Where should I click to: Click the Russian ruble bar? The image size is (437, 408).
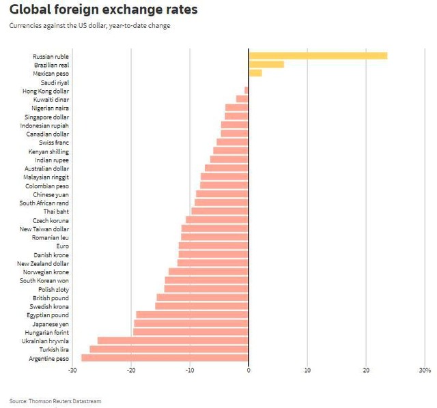click(x=318, y=56)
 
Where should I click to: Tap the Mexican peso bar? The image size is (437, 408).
click(x=255, y=73)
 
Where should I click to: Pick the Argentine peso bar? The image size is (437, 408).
click(x=165, y=358)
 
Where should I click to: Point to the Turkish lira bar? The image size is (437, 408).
click(x=169, y=349)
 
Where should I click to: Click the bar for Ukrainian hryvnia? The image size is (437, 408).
click(x=173, y=340)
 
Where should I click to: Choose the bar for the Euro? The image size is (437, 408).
click(x=214, y=246)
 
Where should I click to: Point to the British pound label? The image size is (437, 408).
click(x=51, y=297)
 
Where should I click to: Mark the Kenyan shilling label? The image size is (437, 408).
click(x=48, y=151)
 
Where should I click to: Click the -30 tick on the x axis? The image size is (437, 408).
click(x=72, y=370)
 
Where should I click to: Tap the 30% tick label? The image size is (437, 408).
click(x=425, y=370)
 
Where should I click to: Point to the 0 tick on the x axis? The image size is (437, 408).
click(x=249, y=370)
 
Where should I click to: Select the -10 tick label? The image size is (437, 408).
click(x=190, y=370)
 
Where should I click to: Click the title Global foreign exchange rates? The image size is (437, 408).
click(x=103, y=10)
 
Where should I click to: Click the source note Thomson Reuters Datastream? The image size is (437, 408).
click(x=55, y=401)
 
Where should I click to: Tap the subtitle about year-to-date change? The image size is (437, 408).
click(x=90, y=25)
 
